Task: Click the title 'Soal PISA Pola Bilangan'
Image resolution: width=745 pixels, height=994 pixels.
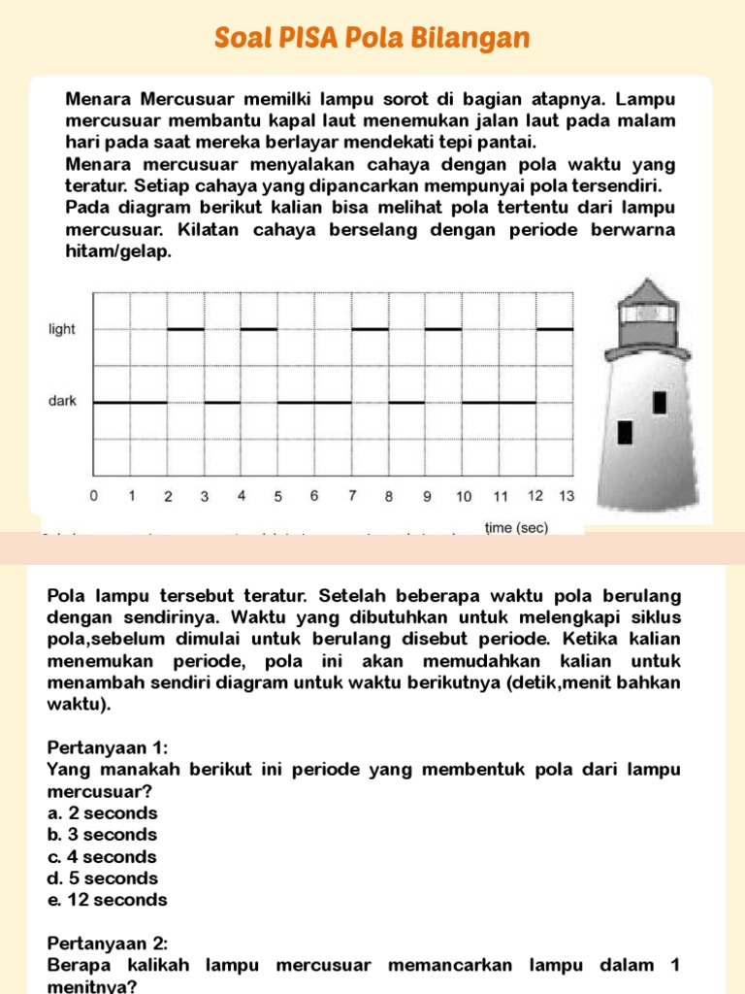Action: click(372, 38)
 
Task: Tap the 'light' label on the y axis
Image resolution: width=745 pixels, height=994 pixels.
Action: click(62, 329)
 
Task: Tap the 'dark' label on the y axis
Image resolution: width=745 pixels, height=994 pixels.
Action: click(62, 401)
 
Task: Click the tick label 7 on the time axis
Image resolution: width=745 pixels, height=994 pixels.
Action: click(352, 496)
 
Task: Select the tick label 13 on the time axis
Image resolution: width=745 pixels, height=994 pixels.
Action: click(567, 496)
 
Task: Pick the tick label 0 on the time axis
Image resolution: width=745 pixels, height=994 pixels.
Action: click(94, 496)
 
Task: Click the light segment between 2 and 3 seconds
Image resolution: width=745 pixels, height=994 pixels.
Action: click(186, 329)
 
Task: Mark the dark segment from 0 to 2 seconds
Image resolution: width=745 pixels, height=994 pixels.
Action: click(131, 402)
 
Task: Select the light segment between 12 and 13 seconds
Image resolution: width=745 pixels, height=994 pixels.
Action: click(556, 329)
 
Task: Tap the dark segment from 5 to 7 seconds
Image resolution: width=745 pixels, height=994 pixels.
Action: click(315, 402)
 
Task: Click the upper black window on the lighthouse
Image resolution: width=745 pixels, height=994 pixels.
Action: click(660, 402)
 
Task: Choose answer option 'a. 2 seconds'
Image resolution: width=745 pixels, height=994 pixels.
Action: click(102, 813)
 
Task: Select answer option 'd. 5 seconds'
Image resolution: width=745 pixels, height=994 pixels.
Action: click(102, 878)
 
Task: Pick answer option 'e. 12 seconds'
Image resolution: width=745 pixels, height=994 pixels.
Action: click(107, 900)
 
